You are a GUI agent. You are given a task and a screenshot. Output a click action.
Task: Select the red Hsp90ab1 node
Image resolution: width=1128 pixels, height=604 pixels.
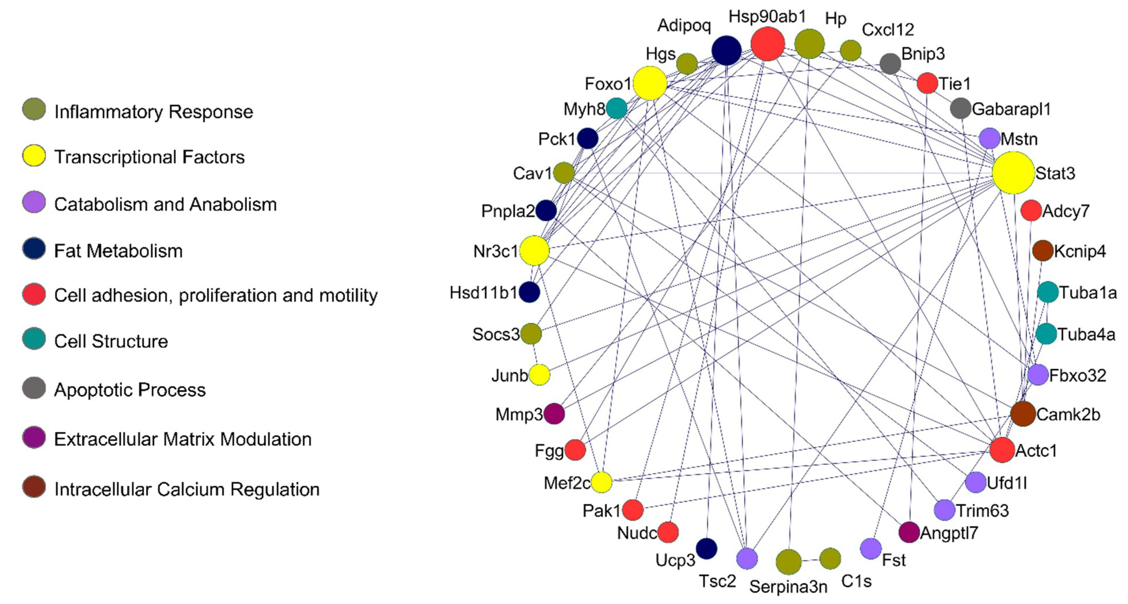[767, 44]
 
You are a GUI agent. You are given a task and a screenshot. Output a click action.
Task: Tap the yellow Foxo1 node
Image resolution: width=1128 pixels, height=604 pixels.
[650, 83]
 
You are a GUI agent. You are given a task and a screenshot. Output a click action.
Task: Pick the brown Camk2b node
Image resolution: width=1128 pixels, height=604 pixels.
[1023, 414]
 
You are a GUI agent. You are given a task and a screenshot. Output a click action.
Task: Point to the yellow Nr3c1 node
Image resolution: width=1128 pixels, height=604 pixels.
[534, 250]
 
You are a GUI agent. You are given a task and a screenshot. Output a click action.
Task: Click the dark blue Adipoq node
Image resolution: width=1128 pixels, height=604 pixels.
[726, 51]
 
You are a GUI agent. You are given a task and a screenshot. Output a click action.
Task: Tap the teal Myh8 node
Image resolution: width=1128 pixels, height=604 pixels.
[617, 108]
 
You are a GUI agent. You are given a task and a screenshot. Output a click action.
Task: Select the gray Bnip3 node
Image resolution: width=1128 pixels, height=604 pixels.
[890, 64]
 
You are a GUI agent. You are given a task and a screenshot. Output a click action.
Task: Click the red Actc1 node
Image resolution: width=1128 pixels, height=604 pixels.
[1002, 450]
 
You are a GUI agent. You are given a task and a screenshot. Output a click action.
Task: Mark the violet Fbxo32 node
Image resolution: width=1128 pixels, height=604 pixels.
[1038, 375]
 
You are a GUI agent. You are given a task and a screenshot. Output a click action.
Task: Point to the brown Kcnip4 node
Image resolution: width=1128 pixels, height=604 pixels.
[1043, 250]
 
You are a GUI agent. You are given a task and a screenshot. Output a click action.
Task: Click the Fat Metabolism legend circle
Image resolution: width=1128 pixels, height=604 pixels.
[34, 249]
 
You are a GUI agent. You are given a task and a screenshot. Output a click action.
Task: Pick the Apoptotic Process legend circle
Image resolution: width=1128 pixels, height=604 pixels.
[34, 388]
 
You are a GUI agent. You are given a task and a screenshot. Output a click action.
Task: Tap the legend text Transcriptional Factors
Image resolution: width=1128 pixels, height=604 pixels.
[149, 157]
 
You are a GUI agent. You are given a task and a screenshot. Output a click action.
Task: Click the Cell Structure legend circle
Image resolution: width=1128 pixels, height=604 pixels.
[34, 339]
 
